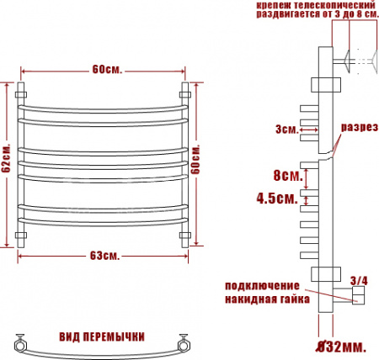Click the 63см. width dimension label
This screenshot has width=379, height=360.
pos(104,256)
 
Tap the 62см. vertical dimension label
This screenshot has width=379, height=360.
pos(6,159)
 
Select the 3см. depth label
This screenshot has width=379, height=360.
pos(286,130)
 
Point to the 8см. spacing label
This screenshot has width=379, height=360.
pos(288,176)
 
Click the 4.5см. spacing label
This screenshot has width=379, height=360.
pos(277,199)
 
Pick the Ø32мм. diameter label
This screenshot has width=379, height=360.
pos(341,347)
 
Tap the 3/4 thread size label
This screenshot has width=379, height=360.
pos(359,281)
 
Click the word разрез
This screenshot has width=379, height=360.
pos(360,127)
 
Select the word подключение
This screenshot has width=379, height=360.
pos(262,286)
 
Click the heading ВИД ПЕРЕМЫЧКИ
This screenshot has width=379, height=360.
pos(102,336)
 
